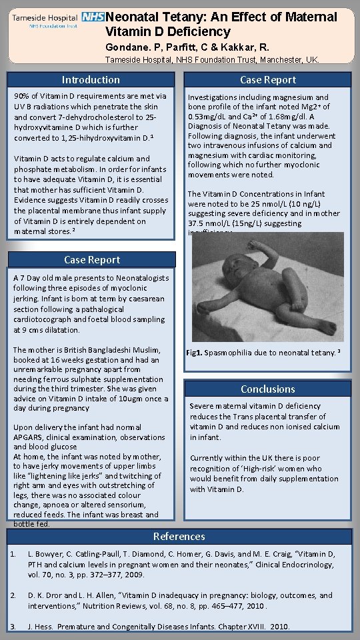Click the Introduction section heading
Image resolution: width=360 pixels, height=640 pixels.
[91, 80]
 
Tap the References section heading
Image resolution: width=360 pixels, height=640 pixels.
[179, 536]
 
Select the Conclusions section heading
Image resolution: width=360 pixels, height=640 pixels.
[267, 389]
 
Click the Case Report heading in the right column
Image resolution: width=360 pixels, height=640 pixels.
[267, 80]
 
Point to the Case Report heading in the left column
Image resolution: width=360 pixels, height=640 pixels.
[92, 260]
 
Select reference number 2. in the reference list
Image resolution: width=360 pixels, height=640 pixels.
[13, 595]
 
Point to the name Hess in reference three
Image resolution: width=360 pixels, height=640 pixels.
[43, 627]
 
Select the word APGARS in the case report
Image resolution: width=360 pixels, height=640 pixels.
[29, 437]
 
